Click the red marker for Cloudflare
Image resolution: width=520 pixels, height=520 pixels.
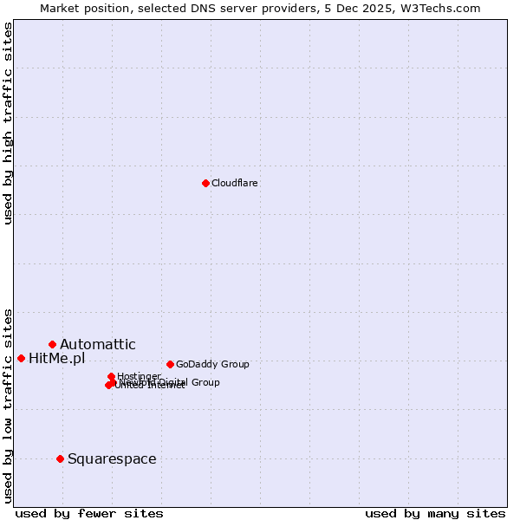click(x=205, y=183)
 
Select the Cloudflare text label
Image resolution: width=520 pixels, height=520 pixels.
click(x=235, y=183)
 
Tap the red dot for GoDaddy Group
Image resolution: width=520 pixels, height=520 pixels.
click(x=170, y=364)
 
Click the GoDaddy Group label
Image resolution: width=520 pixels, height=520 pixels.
click(x=212, y=364)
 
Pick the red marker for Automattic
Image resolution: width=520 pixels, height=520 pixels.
click(x=52, y=344)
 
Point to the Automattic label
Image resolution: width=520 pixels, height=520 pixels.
click(x=98, y=344)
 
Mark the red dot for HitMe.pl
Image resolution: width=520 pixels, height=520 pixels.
click(x=21, y=358)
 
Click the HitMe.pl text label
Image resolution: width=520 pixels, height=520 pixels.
click(x=57, y=358)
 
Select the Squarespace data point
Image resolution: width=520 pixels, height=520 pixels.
click(x=60, y=458)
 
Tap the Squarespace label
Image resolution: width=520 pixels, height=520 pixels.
click(x=112, y=458)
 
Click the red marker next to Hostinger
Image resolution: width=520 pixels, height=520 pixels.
click(x=111, y=376)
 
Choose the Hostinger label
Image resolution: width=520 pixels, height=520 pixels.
click(x=140, y=375)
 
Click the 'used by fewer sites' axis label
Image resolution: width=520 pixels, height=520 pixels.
click(x=89, y=513)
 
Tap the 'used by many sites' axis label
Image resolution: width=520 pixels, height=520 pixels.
click(x=435, y=513)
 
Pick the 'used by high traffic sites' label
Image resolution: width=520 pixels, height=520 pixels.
click(x=8, y=123)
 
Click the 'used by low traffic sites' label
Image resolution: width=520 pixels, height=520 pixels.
click(x=8, y=405)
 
